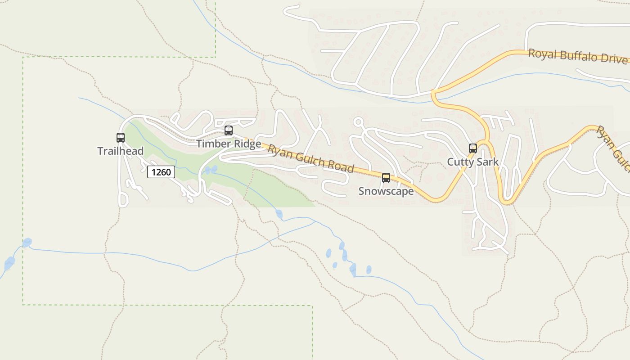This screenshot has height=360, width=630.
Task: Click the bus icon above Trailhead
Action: [121, 138]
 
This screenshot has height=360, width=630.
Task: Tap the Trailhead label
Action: [121, 151]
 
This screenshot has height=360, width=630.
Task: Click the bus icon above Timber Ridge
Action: [229, 130]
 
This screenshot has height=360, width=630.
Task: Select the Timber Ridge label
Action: [229, 144]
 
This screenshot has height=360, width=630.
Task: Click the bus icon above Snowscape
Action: [386, 178]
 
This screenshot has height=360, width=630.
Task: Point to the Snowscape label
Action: [386, 191]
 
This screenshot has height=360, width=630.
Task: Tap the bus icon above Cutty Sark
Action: [473, 148]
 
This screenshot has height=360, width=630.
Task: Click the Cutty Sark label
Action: [473, 162]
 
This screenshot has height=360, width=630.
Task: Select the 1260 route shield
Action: [161, 172]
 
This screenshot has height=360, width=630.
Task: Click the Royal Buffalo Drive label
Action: [578, 57]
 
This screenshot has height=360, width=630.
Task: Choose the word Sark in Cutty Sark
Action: [488, 162]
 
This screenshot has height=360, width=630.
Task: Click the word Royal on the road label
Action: [542, 54]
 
